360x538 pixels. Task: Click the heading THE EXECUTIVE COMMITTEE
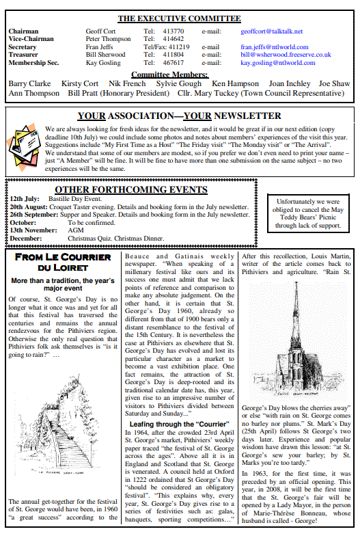click(x=179, y=18)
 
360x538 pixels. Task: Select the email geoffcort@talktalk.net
click(x=271, y=31)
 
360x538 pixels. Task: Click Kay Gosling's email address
click(x=273, y=62)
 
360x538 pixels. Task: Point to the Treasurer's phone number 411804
click(x=173, y=54)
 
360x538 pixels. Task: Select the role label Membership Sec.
click(x=33, y=62)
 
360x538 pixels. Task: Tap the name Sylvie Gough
click(x=179, y=83)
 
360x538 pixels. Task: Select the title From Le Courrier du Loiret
click(x=62, y=262)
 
